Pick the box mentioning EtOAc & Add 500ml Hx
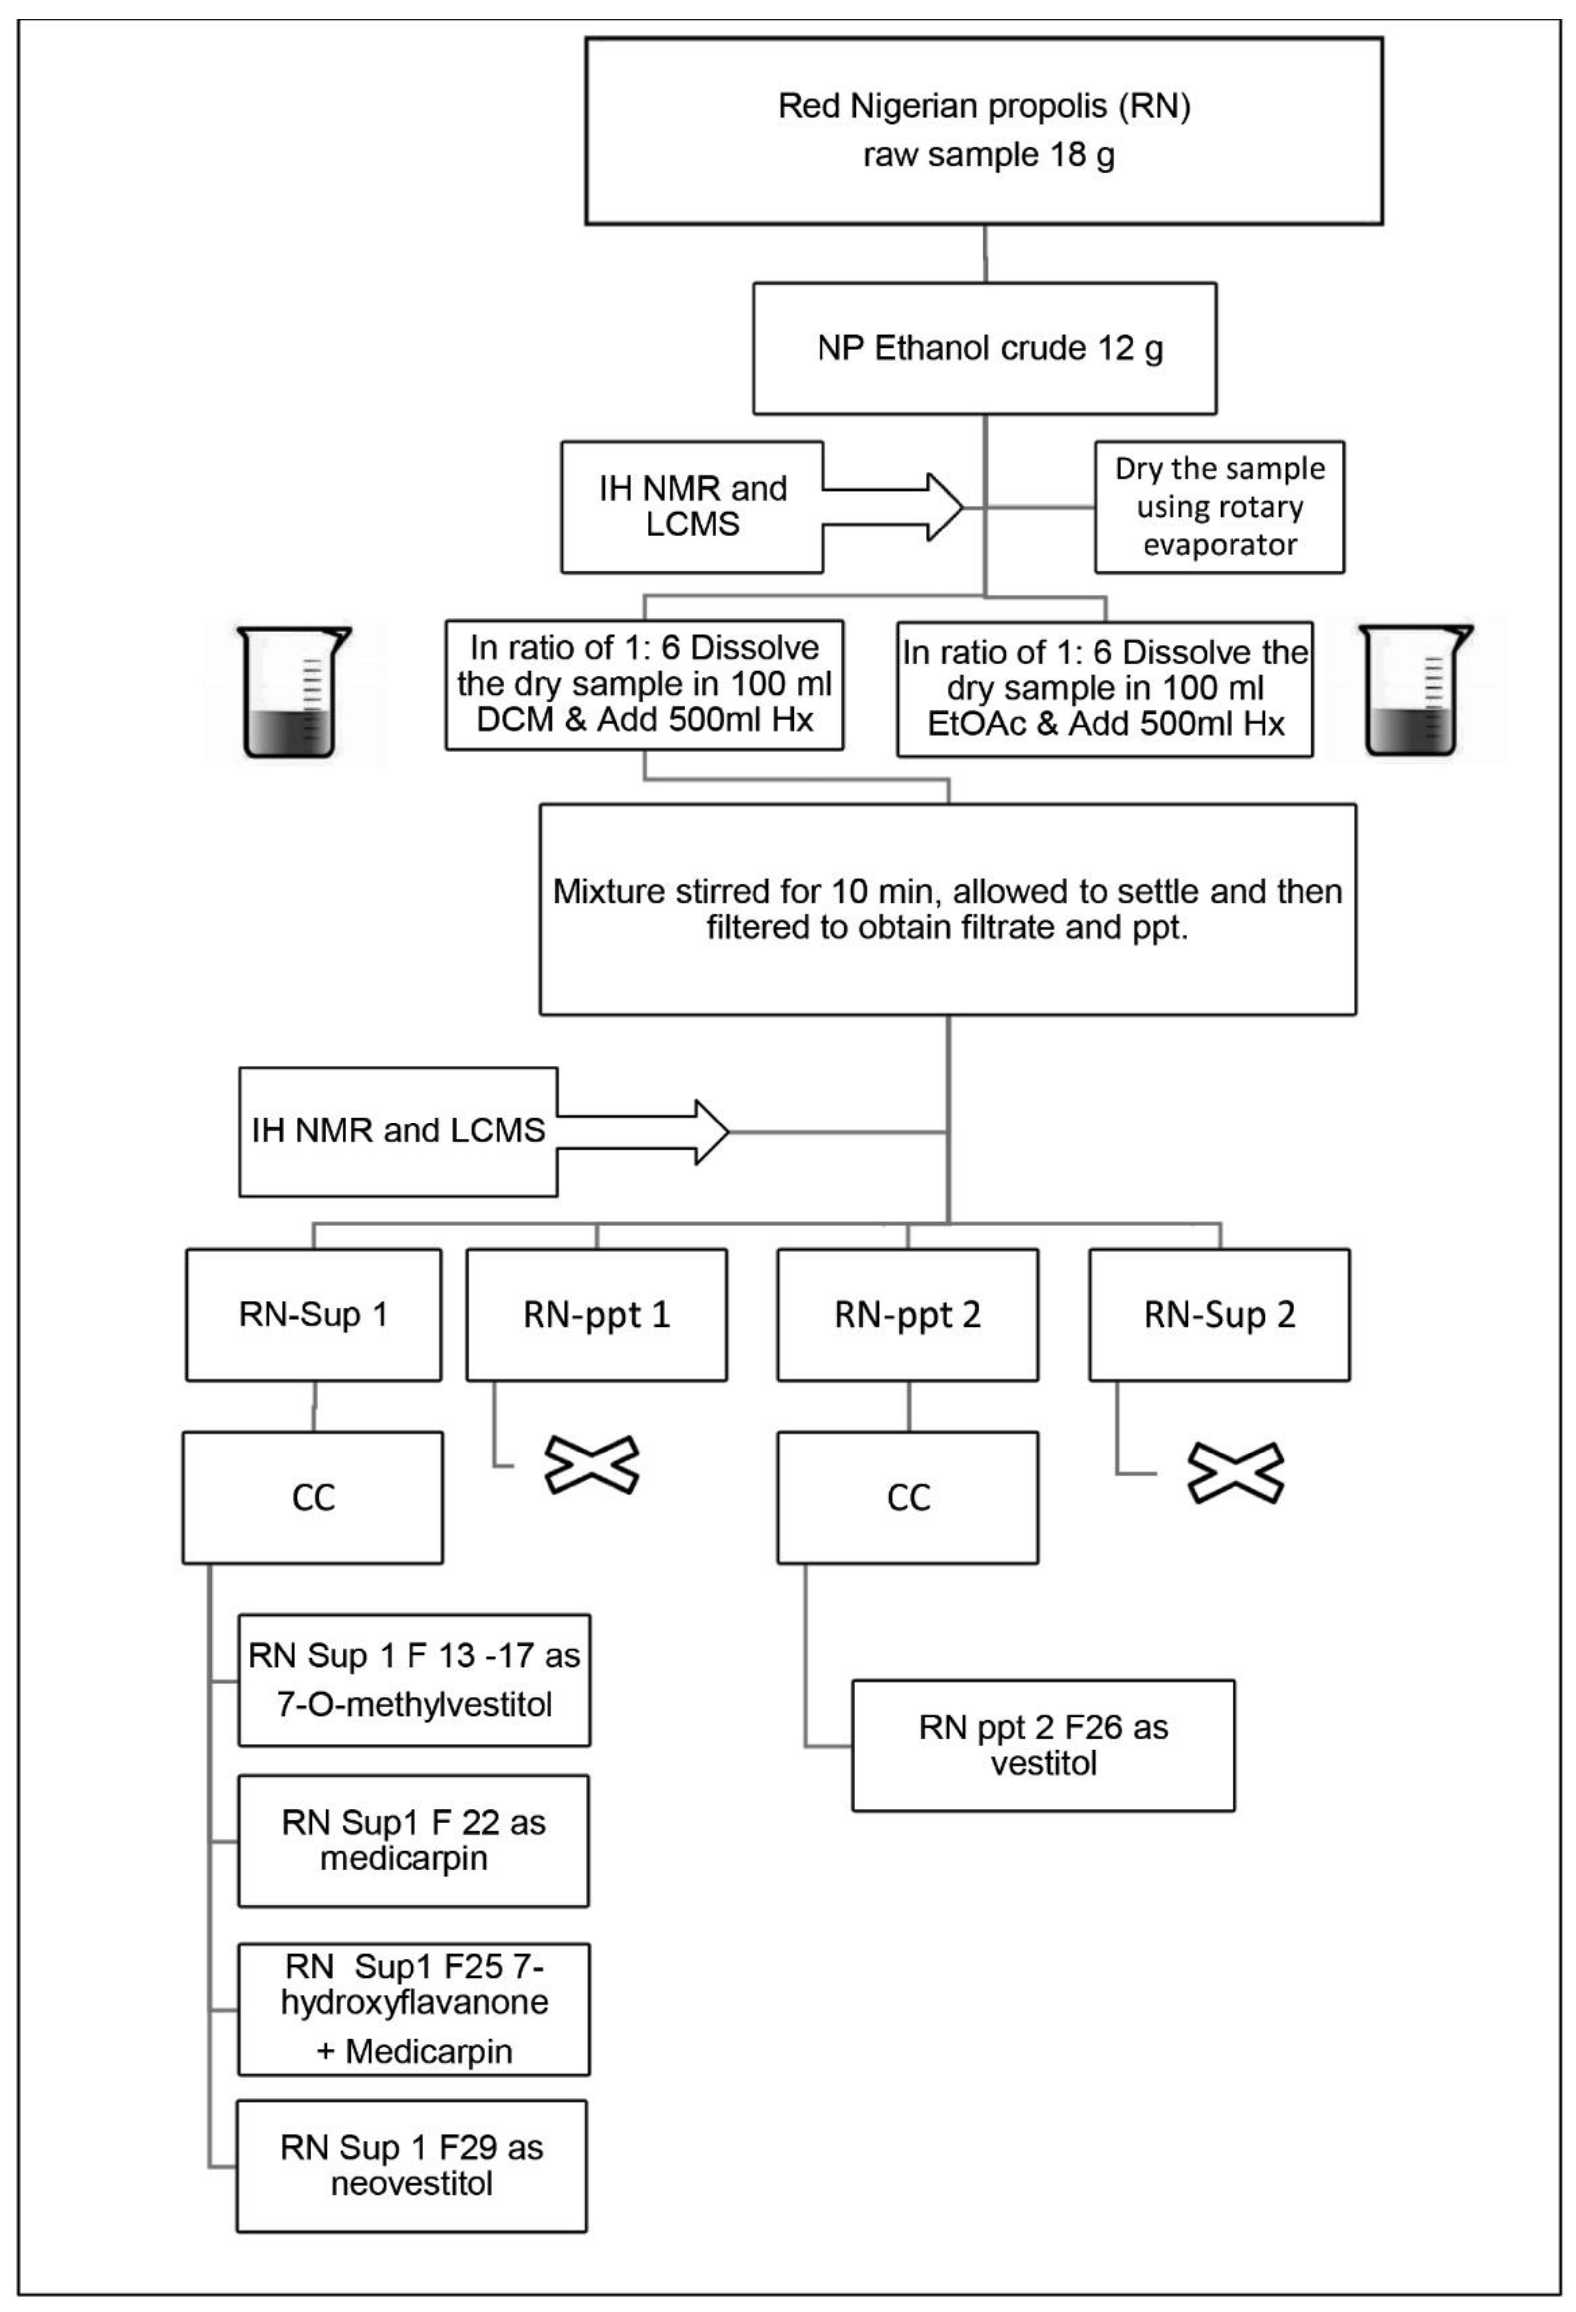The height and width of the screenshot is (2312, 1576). [1104, 688]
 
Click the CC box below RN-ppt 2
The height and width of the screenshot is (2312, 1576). [907, 1497]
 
